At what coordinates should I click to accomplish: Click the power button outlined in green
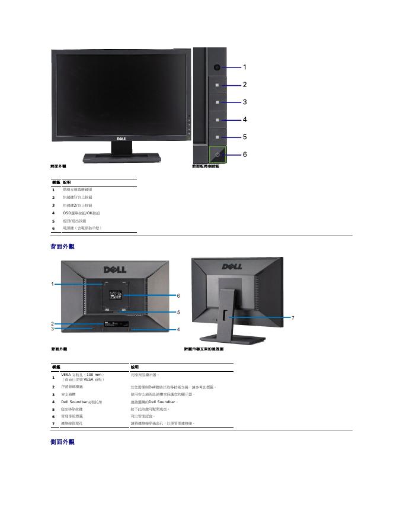point(218,154)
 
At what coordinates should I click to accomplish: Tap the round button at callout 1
point(218,67)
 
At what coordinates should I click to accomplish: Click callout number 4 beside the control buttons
point(244,120)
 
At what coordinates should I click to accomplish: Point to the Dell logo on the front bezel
point(120,139)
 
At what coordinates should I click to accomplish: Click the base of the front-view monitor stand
point(121,157)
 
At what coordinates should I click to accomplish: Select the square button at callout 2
point(218,85)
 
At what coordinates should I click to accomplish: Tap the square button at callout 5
point(218,137)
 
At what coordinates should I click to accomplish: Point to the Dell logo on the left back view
point(115,269)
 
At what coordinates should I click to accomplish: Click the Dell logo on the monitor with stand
point(232,266)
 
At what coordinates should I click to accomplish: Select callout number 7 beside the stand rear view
point(293,318)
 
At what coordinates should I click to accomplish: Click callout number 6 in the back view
point(178,295)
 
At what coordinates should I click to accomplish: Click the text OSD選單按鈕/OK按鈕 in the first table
point(81,213)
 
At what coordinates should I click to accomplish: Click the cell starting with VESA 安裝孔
point(83,375)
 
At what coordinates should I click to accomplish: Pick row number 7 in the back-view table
point(53,424)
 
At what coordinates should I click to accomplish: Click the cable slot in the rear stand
point(226,312)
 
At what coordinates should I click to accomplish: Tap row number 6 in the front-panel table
point(53,228)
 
